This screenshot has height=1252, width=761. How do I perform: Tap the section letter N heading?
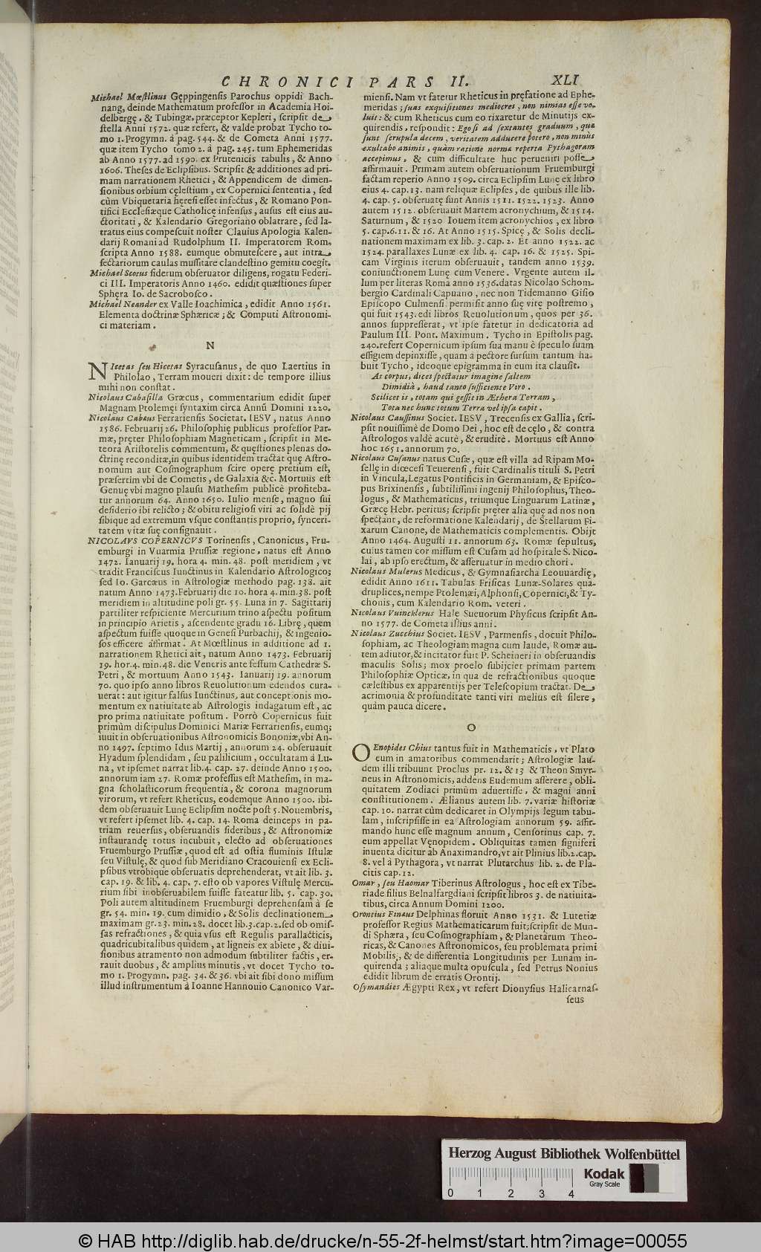210,345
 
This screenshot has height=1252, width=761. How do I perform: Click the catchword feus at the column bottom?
575,999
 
